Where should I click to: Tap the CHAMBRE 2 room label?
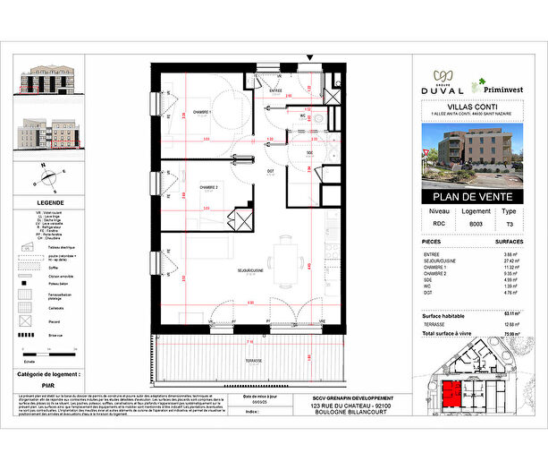[x=207, y=187]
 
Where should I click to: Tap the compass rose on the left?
[x=39, y=179]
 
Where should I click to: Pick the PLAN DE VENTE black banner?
[x=470, y=198]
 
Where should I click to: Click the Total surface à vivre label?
[x=449, y=333]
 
